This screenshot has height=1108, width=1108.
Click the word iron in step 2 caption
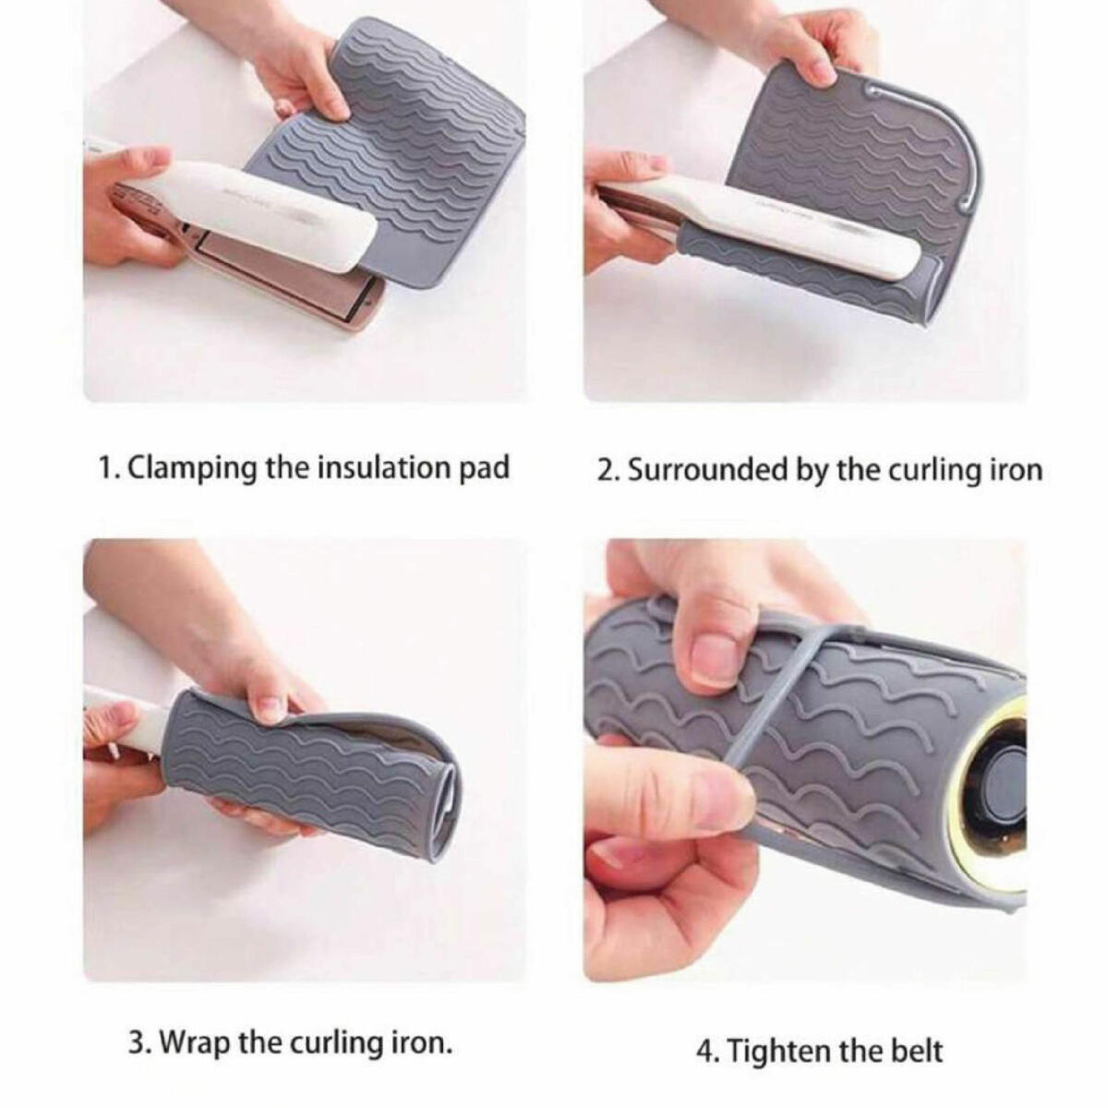(1017, 470)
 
